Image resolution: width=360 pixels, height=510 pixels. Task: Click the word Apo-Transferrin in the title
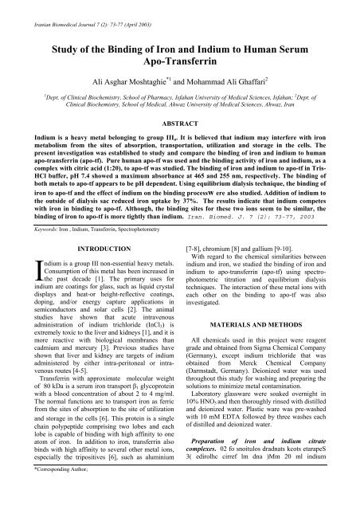click(179, 60)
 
